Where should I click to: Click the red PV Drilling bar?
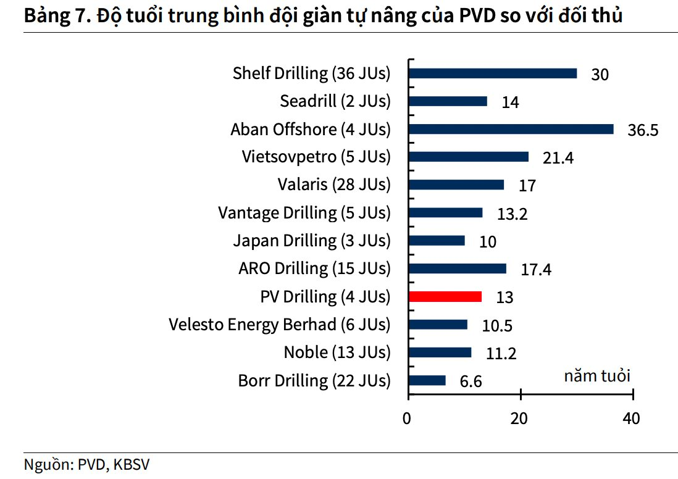[x=445, y=296]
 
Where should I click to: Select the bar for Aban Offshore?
[x=511, y=129]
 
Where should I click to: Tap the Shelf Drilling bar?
[x=493, y=73]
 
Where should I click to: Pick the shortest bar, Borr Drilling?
[x=427, y=380]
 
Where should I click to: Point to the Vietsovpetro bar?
[x=468, y=157]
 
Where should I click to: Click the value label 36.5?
[x=643, y=130]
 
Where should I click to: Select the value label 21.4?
[x=558, y=158]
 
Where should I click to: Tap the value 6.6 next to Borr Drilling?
[x=471, y=381]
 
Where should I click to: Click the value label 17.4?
[x=536, y=270]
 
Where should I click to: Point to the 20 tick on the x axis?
[x=521, y=394]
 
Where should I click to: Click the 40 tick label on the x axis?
[x=631, y=419]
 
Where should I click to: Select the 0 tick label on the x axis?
[x=407, y=419]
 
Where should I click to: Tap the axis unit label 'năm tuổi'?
[x=597, y=376]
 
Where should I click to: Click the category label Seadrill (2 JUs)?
[x=335, y=101]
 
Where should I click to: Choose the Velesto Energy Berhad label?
[x=280, y=325]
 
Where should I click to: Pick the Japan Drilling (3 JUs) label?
[x=312, y=241]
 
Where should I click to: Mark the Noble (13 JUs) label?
[x=337, y=352]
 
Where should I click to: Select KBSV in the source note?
[x=132, y=464]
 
